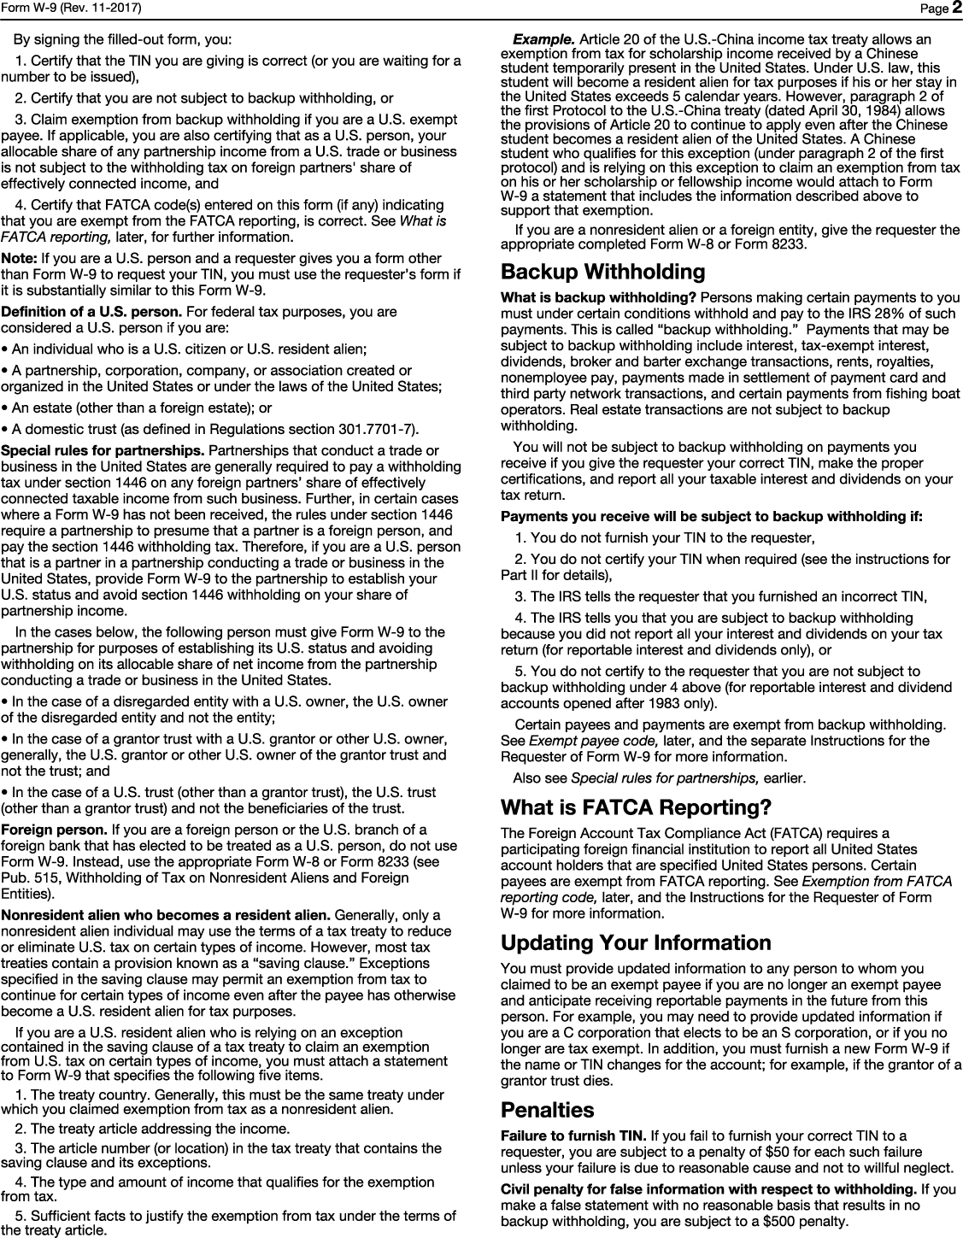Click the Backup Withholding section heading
click(x=602, y=273)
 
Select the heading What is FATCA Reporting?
click(x=636, y=807)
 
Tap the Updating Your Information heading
click(x=636, y=943)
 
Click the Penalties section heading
click(x=547, y=1110)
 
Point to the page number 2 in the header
click(x=955, y=9)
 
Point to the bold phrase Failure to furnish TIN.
click(x=573, y=1135)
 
